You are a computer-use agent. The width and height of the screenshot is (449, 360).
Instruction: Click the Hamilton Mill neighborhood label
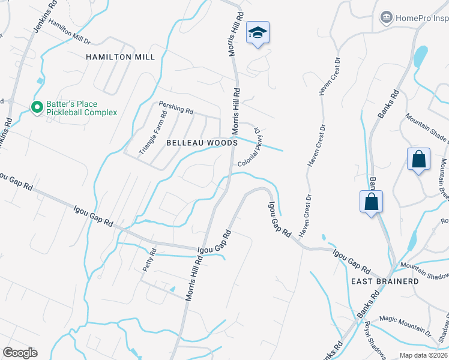click(x=120, y=57)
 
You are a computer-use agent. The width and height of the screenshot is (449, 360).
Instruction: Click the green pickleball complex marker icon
click(x=37, y=107)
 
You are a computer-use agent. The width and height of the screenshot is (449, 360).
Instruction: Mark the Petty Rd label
click(x=149, y=260)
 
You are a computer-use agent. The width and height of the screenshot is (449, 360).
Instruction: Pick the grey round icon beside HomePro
click(x=387, y=17)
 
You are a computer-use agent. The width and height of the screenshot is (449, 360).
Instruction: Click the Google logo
click(x=20, y=353)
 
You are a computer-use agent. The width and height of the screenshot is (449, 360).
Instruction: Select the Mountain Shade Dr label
click(x=427, y=129)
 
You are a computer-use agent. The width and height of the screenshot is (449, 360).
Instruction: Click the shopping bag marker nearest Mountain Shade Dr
click(x=419, y=160)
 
